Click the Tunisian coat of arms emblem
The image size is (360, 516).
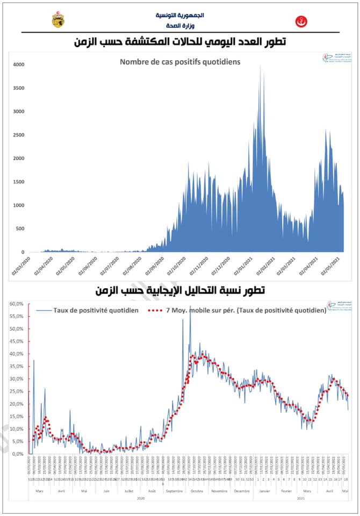(x=57, y=20)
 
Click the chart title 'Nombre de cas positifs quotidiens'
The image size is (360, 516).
(x=180, y=62)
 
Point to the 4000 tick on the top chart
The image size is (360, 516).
(x=18, y=64)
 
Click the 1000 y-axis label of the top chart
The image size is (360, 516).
(x=18, y=205)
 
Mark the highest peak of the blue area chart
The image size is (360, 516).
(x=260, y=66)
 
